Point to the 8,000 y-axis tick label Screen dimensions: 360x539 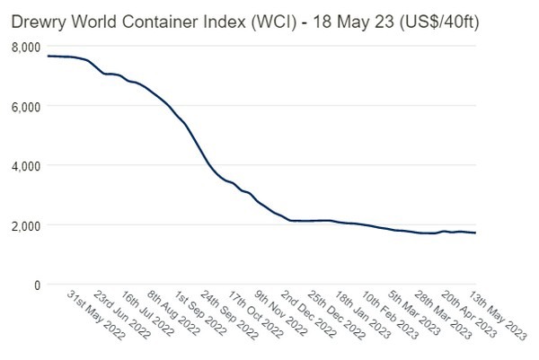point(25,46)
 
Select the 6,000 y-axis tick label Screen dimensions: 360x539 point(25,106)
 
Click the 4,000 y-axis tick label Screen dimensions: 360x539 point(25,165)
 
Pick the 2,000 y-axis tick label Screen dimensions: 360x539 point(25,225)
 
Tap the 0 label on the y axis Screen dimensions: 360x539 point(37,285)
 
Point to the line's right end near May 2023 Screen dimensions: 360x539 point(475,233)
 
